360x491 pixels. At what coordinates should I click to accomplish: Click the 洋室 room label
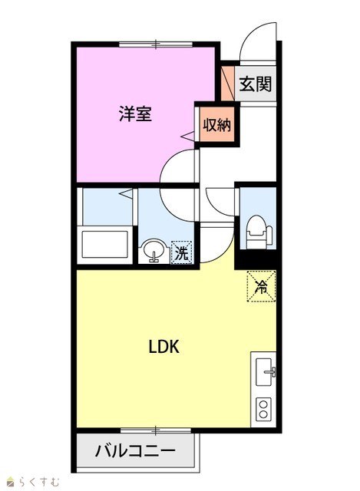tap(135, 114)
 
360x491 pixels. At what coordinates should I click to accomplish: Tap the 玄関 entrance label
tap(256, 84)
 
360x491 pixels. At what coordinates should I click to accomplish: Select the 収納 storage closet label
tap(216, 125)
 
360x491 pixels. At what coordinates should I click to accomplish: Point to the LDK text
tap(163, 347)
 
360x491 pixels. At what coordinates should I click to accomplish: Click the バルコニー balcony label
tap(135, 451)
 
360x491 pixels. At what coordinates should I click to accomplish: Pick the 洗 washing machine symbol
tap(181, 252)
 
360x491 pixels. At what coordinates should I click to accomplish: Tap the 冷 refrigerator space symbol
tap(261, 286)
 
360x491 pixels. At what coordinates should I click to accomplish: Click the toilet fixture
tap(259, 232)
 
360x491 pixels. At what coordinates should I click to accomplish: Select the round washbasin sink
tap(154, 249)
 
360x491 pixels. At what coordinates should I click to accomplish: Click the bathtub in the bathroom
tap(105, 244)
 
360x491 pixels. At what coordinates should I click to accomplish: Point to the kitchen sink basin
tap(265, 371)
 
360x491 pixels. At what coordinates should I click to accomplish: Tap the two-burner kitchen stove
tap(263, 409)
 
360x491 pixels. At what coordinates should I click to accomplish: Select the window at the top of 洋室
tap(156, 44)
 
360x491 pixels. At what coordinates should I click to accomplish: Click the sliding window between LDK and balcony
tap(156, 430)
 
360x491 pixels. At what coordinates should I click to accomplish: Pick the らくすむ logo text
tap(38, 481)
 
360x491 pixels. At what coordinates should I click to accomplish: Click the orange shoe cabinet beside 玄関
tap(227, 84)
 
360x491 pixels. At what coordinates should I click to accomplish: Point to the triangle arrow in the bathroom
tap(126, 193)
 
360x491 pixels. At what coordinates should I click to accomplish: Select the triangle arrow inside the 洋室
tap(189, 136)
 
